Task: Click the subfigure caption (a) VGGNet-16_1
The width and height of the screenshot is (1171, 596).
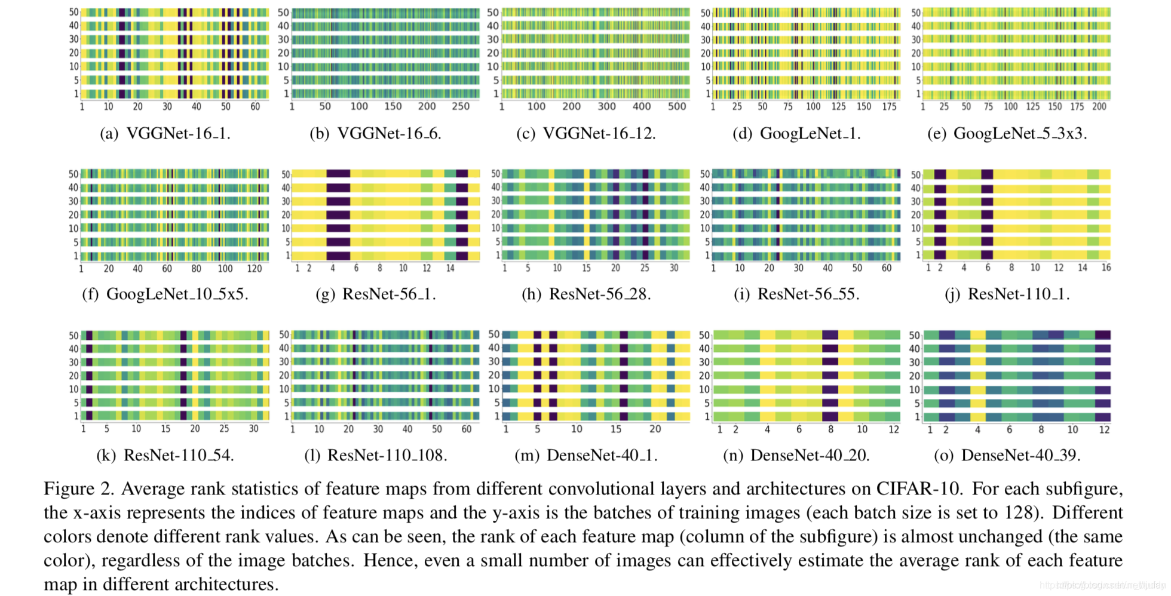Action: (165, 133)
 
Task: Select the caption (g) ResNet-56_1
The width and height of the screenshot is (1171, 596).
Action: (376, 294)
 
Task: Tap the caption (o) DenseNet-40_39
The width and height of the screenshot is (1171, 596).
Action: (1007, 455)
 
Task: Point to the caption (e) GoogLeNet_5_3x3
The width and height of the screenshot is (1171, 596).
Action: (1007, 133)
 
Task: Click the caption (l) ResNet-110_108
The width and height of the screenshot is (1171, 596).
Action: (376, 455)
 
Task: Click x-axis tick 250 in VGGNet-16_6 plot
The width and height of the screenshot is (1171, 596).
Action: (461, 106)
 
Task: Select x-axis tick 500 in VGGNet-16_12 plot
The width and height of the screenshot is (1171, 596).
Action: (677, 106)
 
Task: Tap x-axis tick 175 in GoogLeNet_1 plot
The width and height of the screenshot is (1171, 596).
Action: (889, 106)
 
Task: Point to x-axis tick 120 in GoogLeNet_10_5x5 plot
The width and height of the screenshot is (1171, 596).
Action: (255, 268)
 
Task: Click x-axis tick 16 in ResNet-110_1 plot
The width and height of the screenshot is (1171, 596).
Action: (1106, 268)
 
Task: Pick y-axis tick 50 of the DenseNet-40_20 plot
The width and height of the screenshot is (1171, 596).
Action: (704, 335)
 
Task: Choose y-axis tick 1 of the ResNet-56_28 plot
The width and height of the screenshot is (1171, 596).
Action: (497, 255)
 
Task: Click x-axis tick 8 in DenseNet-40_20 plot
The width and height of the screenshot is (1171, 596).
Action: (830, 429)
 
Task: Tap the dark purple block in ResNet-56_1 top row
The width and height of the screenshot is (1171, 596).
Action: (338, 173)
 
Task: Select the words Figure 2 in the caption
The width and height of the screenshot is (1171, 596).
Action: (78, 489)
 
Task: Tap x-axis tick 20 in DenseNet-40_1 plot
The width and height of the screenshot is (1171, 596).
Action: (655, 429)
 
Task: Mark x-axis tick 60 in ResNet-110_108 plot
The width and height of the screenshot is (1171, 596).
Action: (467, 429)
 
